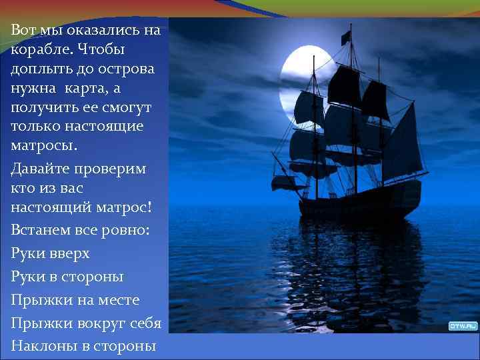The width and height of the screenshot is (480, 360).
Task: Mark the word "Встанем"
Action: coord(42,230)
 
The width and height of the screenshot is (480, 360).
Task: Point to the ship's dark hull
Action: coord(360,207)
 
